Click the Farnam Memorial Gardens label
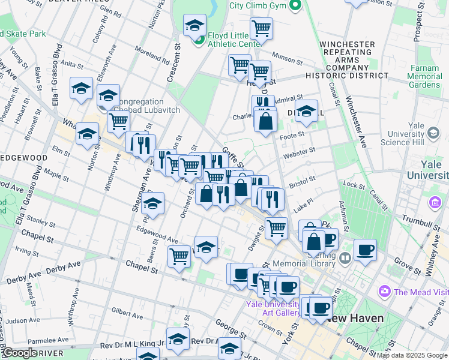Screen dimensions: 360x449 tap(424, 76)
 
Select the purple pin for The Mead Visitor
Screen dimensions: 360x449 tap(384, 292)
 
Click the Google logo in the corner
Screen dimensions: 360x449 tap(20, 353)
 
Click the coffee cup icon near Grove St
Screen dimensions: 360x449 tap(364, 250)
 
